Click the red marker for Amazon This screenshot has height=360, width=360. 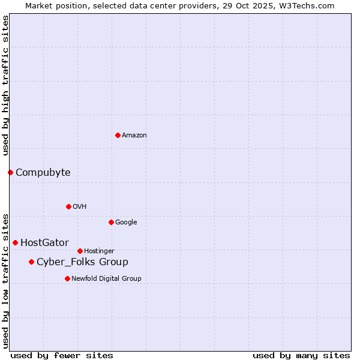click(118, 135)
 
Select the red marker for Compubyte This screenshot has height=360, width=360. click(10, 173)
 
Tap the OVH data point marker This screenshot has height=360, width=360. click(68, 206)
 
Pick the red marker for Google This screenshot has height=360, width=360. click(111, 222)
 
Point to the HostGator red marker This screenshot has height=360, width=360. click(15, 242)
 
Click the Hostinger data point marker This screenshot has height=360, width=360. click(80, 251)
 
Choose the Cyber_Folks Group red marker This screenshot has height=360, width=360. click(31, 262)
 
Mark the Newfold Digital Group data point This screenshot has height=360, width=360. click(67, 278)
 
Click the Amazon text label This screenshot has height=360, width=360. click(134, 136)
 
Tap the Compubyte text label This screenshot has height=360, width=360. click(43, 173)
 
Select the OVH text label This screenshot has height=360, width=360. click(80, 207)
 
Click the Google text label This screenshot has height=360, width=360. click(126, 223)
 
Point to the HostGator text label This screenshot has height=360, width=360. click(44, 243)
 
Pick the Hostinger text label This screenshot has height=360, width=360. click(99, 251)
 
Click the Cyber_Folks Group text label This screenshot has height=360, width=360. click(82, 262)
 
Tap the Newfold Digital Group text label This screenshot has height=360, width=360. click(106, 279)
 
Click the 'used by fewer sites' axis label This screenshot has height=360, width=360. click(62, 355)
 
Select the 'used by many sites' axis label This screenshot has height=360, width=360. click(301, 355)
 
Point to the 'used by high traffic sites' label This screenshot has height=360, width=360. click(6, 85)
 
